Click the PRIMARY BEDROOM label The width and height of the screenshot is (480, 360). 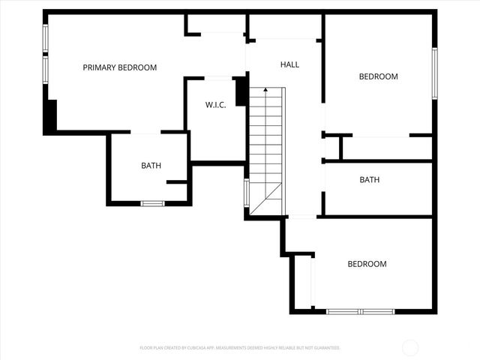click(120, 67)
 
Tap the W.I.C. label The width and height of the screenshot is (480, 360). click(216, 105)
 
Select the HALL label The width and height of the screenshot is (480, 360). click(289, 64)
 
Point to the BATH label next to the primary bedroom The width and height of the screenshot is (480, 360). click(151, 166)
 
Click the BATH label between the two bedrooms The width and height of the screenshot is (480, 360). click(369, 180)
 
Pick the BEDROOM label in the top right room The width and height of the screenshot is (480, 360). click(378, 76)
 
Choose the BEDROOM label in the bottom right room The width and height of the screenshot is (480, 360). click(367, 264)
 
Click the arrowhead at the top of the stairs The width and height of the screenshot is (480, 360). click(265, 90)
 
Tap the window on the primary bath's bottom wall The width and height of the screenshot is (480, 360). click(153, 203)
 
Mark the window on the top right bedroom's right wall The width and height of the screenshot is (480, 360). click(434, 73)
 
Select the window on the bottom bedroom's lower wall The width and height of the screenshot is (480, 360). click(361, 311)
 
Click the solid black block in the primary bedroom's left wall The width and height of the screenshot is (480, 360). click(50, 117)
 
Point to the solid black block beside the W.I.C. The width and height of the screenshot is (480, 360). click(241, 92)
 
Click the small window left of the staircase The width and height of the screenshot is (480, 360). click(246, 193)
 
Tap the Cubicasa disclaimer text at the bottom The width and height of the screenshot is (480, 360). click(240, 348)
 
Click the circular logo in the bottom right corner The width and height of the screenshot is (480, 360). click(410, 348)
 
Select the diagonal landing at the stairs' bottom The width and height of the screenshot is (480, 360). click(267, 199)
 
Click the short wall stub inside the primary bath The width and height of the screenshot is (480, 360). click(176, 181)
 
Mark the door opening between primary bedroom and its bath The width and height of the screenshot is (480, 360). click(145, 133)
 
